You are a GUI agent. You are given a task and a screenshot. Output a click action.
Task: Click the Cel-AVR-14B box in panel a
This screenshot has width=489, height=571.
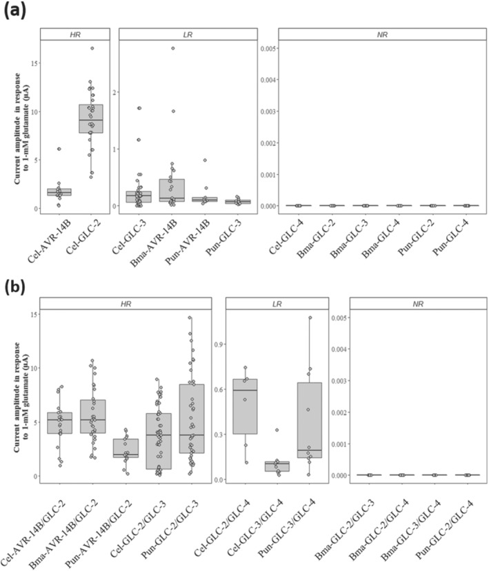pos(59,192)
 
